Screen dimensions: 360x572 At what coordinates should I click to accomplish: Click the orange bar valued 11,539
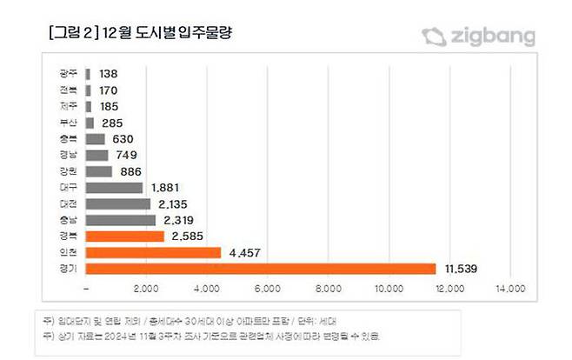261,269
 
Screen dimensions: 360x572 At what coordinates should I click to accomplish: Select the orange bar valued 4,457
154,252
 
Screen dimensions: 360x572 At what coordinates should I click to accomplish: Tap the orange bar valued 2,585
125,237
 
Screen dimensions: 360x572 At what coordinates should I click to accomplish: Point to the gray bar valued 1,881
115,188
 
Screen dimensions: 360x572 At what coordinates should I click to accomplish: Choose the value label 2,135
171,203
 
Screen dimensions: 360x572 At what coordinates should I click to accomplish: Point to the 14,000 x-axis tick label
510,288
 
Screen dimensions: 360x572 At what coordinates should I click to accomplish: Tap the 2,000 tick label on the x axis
146,288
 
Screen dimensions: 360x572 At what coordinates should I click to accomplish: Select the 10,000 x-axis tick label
389,288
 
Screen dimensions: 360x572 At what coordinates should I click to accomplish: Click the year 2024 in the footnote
125,335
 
